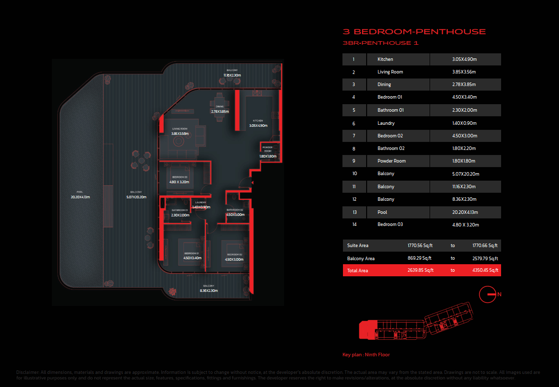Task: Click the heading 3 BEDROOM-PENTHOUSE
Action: click(414, 32)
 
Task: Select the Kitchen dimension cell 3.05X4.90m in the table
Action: click(464, 59)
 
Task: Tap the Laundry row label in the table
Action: click(386, 123)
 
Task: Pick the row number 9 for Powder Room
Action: click(354, 161)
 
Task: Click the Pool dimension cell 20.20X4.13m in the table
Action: click(464, 212)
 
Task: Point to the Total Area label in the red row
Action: click(358, 271)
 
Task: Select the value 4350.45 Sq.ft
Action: click(485, 271)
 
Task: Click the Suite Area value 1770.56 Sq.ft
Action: click(420, 246)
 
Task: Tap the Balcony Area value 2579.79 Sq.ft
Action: click(485, 259)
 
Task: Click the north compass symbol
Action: click(489, 294)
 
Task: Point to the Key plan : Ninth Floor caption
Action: click(366, 355)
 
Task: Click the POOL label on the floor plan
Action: click(80, 192)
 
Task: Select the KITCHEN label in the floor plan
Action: click(258, 121)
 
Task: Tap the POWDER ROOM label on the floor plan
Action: click(267, 149)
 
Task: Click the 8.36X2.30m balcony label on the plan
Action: click(208, 290)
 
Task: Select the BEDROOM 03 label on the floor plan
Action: click(180, 177)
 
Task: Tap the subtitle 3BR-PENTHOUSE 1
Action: click(380, 43)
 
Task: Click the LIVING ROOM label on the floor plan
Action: click(180, 129)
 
